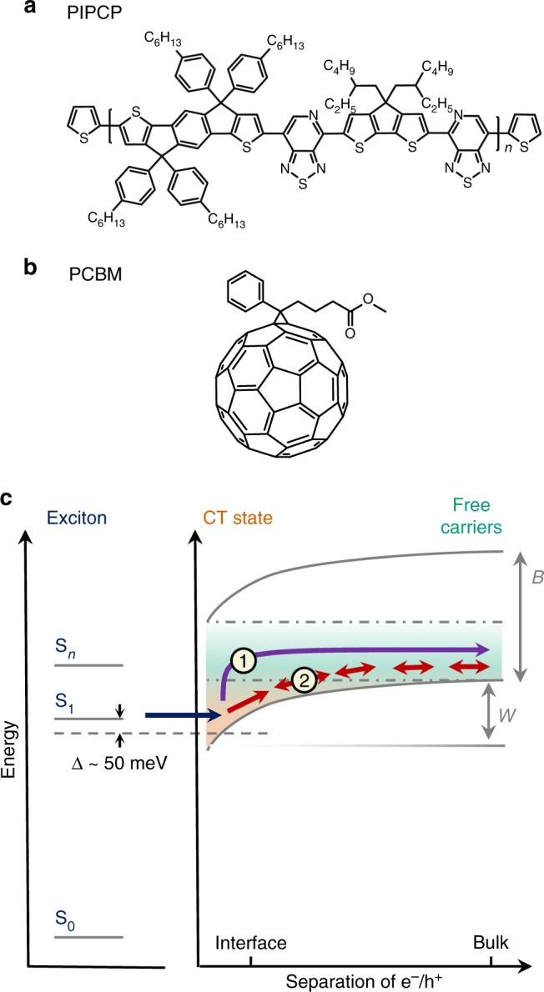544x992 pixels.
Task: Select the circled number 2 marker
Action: click(305, 680)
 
